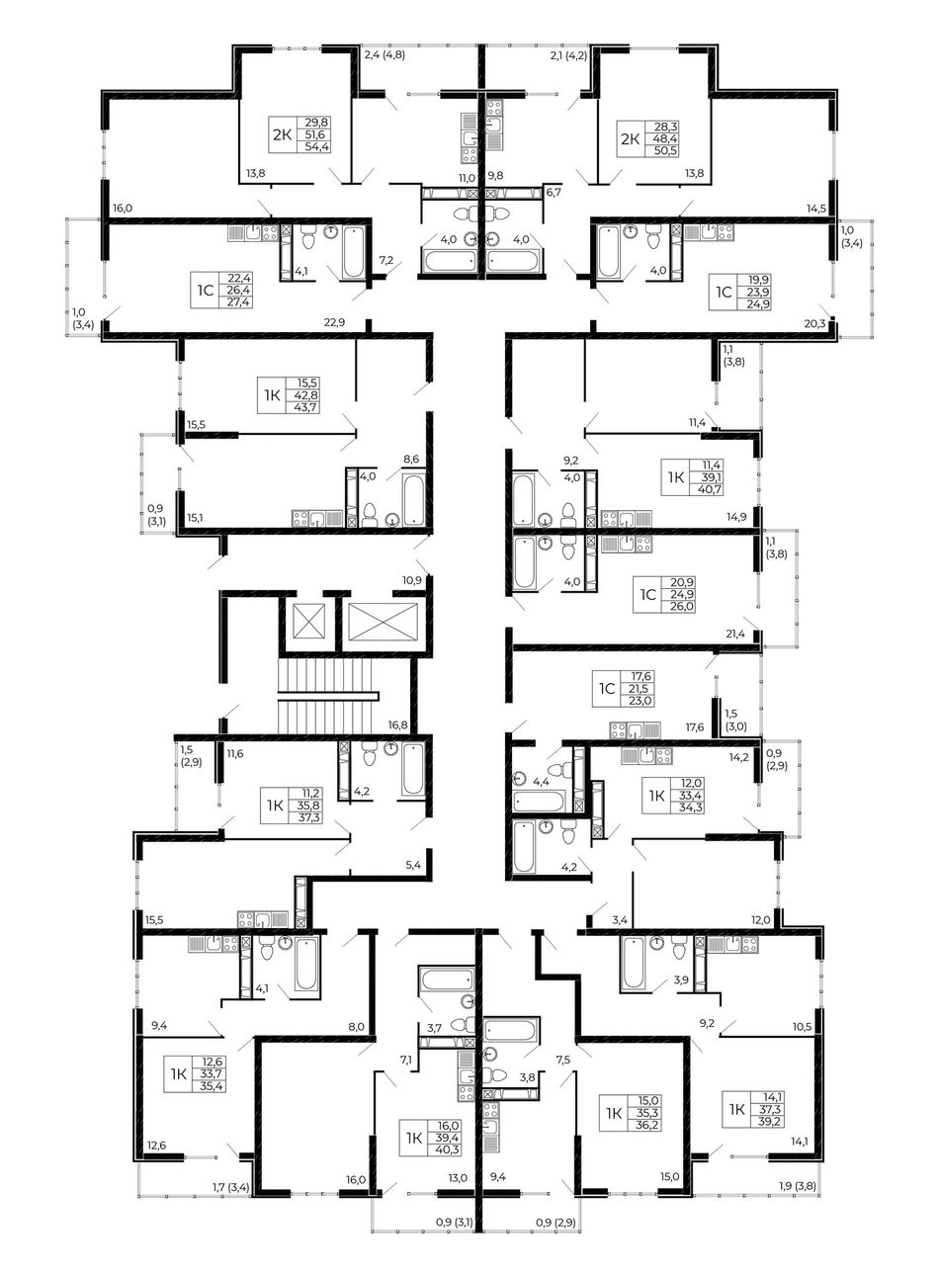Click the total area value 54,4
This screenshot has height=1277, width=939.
(317, 146)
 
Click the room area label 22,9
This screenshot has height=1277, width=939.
(335, 322)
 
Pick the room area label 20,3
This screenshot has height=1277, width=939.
(814, 323)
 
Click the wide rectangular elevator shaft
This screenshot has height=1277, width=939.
(384, 622)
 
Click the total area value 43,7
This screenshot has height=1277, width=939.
(307, 407)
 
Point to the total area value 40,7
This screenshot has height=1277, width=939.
(712, 488)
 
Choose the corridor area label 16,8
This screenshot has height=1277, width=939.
(397, 725)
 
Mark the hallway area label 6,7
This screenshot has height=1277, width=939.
(554, 192)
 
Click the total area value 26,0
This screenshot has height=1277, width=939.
(682, 607)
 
